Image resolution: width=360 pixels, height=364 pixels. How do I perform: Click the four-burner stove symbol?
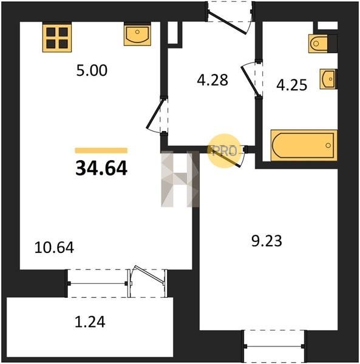pos(57,38)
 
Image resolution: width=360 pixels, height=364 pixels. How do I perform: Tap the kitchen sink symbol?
pos(137,35)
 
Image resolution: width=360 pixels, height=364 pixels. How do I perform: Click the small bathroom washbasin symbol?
pos(328,79)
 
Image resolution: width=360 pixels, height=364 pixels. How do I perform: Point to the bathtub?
pos(304,146)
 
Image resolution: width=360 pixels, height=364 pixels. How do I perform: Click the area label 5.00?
pos(92,70)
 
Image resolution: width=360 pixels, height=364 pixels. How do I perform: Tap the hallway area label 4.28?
pos(212,80)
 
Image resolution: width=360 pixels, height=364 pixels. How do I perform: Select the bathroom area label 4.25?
pos(292,85)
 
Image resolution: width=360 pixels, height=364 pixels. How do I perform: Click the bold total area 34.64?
pos(101,168)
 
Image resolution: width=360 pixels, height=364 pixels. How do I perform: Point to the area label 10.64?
pos(54,248)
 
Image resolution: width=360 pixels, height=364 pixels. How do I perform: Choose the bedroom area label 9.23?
pos(267,241)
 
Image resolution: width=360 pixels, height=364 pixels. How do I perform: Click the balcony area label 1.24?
pos(90,322)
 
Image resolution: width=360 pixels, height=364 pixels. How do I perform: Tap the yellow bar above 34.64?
pos(101,150)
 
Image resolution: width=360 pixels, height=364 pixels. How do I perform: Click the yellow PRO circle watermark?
pos(224,151)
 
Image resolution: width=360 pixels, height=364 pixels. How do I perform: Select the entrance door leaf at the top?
pos(227,22)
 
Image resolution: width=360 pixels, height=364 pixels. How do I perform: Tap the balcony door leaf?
pos(149,274)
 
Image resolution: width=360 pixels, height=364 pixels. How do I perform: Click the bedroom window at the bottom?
pos(274,346)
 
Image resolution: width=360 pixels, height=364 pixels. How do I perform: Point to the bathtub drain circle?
pos(328,146)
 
